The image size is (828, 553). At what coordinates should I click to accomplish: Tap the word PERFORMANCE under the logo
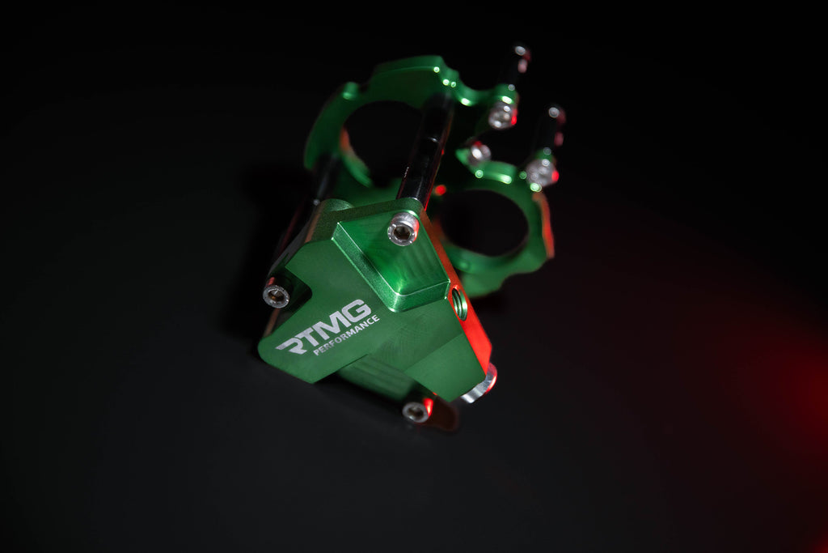pos(346,335)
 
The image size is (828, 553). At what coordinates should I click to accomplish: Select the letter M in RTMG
pos(332,323)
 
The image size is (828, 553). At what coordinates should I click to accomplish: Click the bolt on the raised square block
pos(403,229)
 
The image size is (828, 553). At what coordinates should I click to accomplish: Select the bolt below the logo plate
pos(416,411)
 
